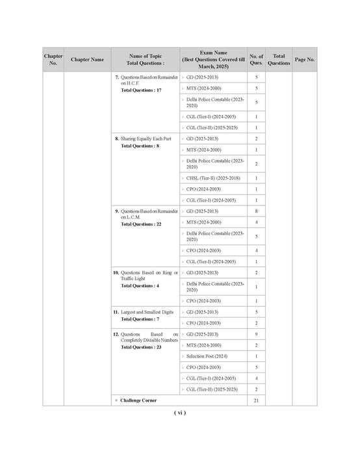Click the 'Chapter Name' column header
tap(87, 60)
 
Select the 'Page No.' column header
tap(305, 60)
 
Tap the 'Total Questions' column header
tap(279, 60)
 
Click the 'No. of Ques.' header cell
tap(256, 60)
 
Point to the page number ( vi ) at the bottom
tap(180, 413)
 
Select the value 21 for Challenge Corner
tap(256, 400)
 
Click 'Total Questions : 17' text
tap(141, 90)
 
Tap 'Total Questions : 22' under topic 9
tap(141, 224)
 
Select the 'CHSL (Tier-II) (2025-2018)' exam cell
tap(212, 178)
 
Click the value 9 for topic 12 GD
tap(256, 334)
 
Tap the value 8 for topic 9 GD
tap(256, 211)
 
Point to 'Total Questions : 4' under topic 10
tap(140, 286)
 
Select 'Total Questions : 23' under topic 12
tap(141, 347)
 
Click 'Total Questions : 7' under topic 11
tap(140, 319)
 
